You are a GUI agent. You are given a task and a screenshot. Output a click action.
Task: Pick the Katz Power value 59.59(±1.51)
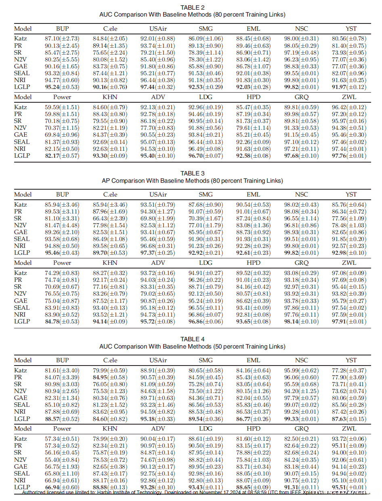pos(62,107)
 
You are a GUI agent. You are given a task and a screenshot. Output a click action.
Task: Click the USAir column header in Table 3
pos(158,194)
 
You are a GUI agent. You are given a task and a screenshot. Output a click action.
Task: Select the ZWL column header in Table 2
pos(349,97)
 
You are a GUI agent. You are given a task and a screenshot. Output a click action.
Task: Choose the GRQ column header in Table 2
pos(301,97)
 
